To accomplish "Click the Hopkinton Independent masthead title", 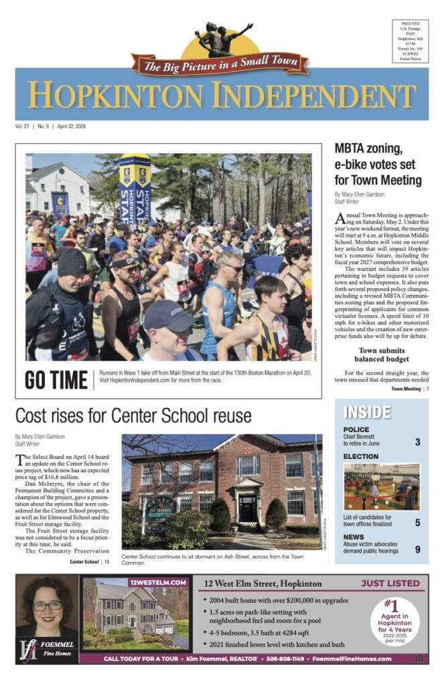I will coord(222,94).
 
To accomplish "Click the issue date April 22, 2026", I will coord(70,126).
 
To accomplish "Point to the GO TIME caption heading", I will coord(56,379).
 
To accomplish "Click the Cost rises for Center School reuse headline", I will coord(133,415).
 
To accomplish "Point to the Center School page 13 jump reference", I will coord(89,562).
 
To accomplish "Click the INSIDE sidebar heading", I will coord(366,412).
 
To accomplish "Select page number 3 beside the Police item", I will coord(417,442).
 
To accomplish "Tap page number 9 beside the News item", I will coord(417,550).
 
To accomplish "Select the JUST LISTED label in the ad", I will coord(390,583).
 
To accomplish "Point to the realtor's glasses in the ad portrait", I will coord(48,606).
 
